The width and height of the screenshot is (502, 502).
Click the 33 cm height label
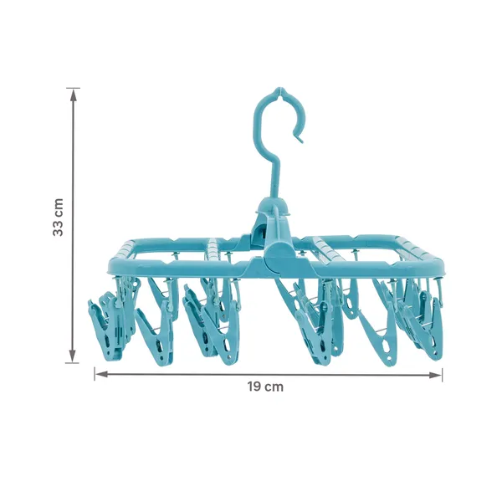(x=58, y=218)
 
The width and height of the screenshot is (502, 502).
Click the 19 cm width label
(x=265, y=387)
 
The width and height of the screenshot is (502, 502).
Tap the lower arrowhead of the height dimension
(x=73, y=356)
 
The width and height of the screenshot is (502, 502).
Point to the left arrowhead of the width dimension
(x=102, y=374)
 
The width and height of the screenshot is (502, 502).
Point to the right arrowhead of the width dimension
(x=435, y=375)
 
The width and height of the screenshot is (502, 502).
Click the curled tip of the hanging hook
(x=300, y=138)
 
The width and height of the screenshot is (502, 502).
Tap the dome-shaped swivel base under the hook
(x=273, y=207)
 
